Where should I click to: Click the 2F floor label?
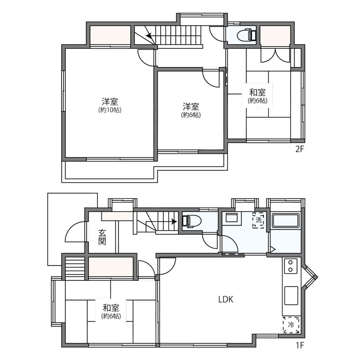click(299, 150)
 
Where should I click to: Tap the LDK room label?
click(226, 299)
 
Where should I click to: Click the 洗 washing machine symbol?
click(258, 220)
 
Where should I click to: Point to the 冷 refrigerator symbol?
click(291, 325)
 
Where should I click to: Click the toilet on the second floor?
click(247, 35)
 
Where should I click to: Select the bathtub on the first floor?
click(285, 220)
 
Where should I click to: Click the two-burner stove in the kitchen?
click(291, 266)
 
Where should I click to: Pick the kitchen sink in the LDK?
click(291, 295)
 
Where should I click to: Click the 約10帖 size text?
click(110, 110)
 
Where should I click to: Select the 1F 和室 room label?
click(111, 307)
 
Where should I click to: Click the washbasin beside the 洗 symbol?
click(232, 217)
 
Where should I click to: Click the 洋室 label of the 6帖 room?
click(191, 106)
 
